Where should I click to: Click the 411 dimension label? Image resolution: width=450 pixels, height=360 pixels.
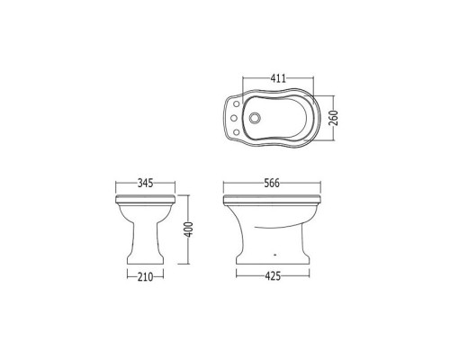pyautogui.click(x=278, y=78)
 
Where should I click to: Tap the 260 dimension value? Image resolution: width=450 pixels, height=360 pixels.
pyautogui.click(x=333, y=118)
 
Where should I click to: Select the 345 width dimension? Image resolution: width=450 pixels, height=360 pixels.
pyautogui.click(x=145, y=183)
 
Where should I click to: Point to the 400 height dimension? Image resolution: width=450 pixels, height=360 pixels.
pyautogui.click(x=188, y=229)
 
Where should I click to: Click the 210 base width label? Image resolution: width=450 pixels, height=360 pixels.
pyautogui.click(x=145, y=277)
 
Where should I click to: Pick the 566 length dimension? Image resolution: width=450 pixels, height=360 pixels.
pyautogui.click(x=272, y=183)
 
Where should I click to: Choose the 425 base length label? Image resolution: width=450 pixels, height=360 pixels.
pyautogui.click(x=273, y=276)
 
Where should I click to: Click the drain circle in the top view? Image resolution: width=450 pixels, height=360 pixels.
pyautogui.click(x=255, y=118)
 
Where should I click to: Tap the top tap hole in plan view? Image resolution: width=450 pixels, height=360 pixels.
pyautogui.click(x=237, y=103)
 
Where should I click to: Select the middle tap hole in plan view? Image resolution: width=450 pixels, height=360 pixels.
pyautogui.click(x=234, y=118)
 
